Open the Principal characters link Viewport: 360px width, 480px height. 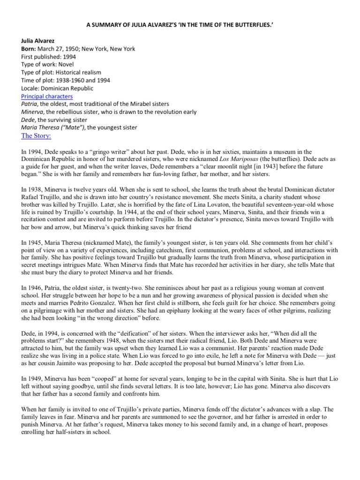point(47,96)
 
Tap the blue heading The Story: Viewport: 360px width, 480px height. point(37,135)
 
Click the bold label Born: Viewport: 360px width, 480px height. point(29,48)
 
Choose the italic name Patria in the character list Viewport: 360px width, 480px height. point(30,104)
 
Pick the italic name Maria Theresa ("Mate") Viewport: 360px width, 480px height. point(52,127)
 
